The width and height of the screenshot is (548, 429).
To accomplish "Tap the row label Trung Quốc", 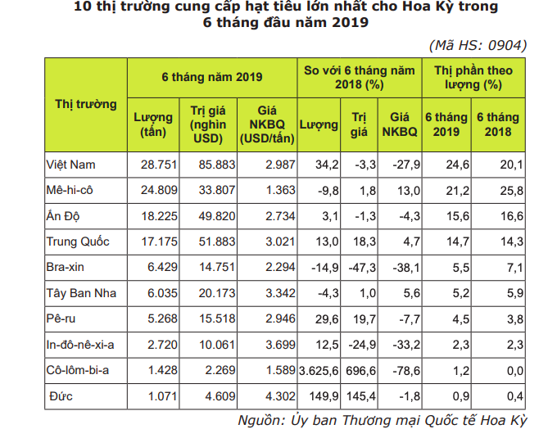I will [78, 242].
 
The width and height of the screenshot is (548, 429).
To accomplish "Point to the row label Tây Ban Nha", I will [82, 293].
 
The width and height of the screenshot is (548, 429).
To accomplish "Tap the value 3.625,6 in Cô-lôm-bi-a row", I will [319, 370].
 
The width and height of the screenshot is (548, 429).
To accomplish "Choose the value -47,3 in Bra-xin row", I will [360, 268].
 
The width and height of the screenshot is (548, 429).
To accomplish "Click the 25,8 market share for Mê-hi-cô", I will [498, 191].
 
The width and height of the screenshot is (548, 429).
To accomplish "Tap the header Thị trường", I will [85, 104].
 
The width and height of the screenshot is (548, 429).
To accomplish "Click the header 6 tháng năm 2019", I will [212, 77].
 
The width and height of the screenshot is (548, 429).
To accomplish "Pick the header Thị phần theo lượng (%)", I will [473, 77].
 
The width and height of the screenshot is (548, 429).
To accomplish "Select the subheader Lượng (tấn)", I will [153, 124].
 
